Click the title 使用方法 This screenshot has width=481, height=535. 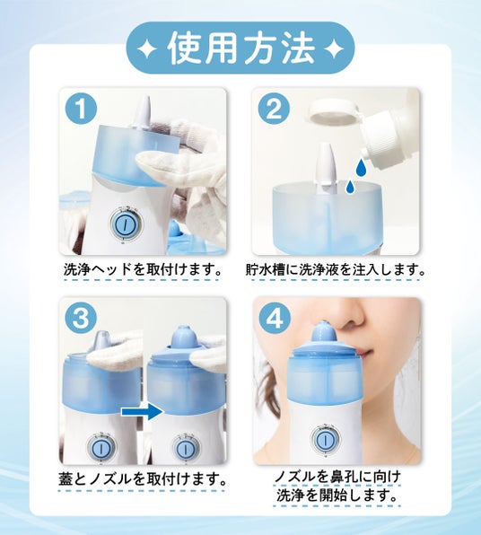point(241,48)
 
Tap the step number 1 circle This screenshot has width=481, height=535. point(81,110)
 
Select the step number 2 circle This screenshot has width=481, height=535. point(274,110)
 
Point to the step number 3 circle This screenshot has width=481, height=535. point(81,318)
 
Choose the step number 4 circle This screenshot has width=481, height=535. point(275,320)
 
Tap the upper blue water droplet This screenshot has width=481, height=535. point(360,168)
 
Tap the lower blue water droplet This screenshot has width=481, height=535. point(350,188)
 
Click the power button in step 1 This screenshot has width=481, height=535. point(124,224)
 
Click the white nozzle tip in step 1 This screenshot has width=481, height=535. point(143,113)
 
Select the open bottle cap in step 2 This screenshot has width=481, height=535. point(333,113)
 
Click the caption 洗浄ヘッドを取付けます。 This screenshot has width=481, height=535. point(142,269)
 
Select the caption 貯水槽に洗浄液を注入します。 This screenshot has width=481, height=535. point(335,269)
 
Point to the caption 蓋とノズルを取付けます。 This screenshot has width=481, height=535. point(142,478)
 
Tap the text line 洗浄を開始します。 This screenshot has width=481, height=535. point(337,495)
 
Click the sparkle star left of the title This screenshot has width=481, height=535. point(147,49)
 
